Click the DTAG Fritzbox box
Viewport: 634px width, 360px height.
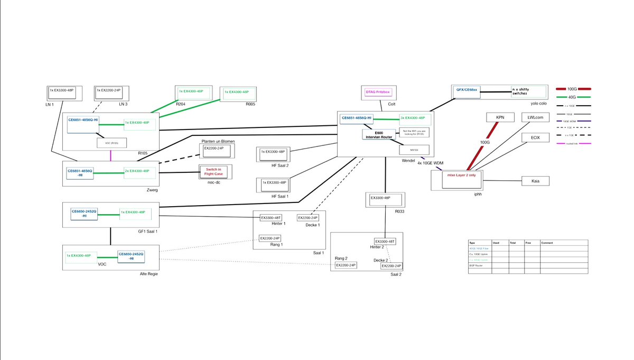click(x=376, y=93)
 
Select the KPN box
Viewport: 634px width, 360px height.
click(x=500, y=117)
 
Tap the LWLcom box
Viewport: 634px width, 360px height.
click(x=535, y=117)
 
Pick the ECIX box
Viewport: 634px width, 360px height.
click(x=535, y=138)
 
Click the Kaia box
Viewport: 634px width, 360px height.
click(x=535, y=181)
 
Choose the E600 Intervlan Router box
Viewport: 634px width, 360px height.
click(x=378, y=135)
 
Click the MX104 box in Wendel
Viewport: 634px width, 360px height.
click(x=414, y=150)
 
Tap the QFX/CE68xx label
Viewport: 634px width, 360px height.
click(x=467, y=90)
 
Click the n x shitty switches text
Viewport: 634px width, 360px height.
click(x=520, y=91)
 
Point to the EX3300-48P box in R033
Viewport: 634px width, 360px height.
click(x=383, y=199)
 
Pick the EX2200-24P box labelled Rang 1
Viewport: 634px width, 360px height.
click(x=270, y=238)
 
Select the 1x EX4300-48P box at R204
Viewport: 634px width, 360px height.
click(x=192, y=91)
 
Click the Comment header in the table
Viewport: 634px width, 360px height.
click(x=547, y=243)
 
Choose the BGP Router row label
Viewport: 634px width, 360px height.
click(x=476, y=265)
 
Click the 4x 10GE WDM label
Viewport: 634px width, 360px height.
click(x=430, y=163)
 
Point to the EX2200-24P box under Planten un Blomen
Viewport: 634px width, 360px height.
click(x=213, y=149)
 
